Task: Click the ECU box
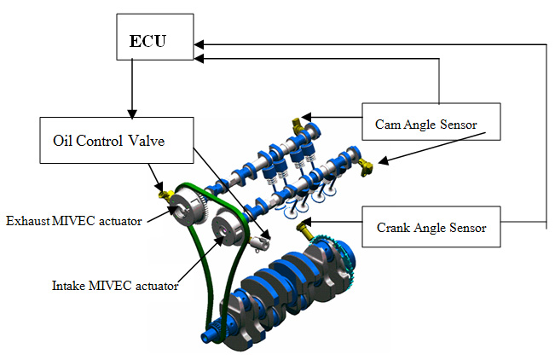click(x=153, y=40)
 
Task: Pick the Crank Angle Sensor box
click(x=431, y=228)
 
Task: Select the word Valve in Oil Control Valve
click(x=171, y=140)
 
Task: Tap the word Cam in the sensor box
click(x=388, y=125)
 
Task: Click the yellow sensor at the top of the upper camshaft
click(x=298, y=122)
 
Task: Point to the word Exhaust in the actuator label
click(x=26, y=221)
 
